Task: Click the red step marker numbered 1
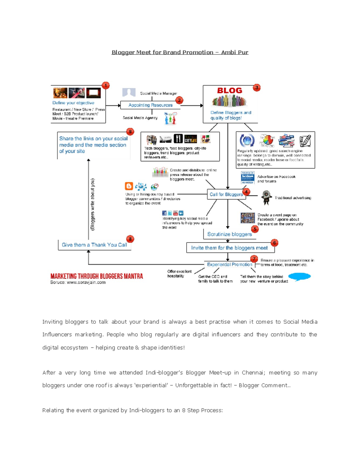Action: pyautogui.click(x=105, y=86)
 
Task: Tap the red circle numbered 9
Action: pyautogui.click(x=130, y=132)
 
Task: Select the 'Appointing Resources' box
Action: pyautogui.click(x=150, y=105)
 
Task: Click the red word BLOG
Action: pyautogui.click(x=229, y=91)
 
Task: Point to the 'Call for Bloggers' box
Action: pyautogui.click(x=226, y=194)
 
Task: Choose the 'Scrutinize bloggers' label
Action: pyautogui.click(x=229, y=234)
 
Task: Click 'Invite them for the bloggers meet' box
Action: pyautogui.click(x=229, y=248)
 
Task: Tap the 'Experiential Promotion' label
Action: pyautogui.click(x=229, y=264)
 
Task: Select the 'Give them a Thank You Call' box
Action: pyautogui.click(x=94, y=245)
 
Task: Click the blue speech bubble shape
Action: pyautogui.click(x=299, y=277)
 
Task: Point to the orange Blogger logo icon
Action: pyautogui.click(x=129, y=186)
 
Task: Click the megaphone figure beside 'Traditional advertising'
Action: pyautogui.click(x=266, y=197)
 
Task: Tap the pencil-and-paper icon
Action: pyautogui.click(x=305, y=140)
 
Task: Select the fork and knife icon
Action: pyautogui.click(x=178, y=139)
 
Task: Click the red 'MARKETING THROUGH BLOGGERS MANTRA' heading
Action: pyautogui.click(x=97, y=276)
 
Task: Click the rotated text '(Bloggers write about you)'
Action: pyautogui.click(x=93, y=204)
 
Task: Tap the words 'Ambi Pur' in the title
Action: pyautogui.click(x=235, y=52)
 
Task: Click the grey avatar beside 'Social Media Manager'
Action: pyautogui.click(x=129, y=92)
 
